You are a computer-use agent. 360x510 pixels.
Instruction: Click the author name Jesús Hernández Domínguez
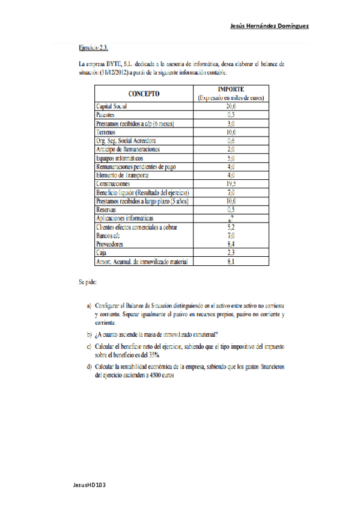tap(270, 26)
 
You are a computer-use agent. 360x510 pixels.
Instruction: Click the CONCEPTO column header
tap(143, 93)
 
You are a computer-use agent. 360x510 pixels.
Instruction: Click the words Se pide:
tap(87, 281)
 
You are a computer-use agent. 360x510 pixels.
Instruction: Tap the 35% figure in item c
tap(157, 355)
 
